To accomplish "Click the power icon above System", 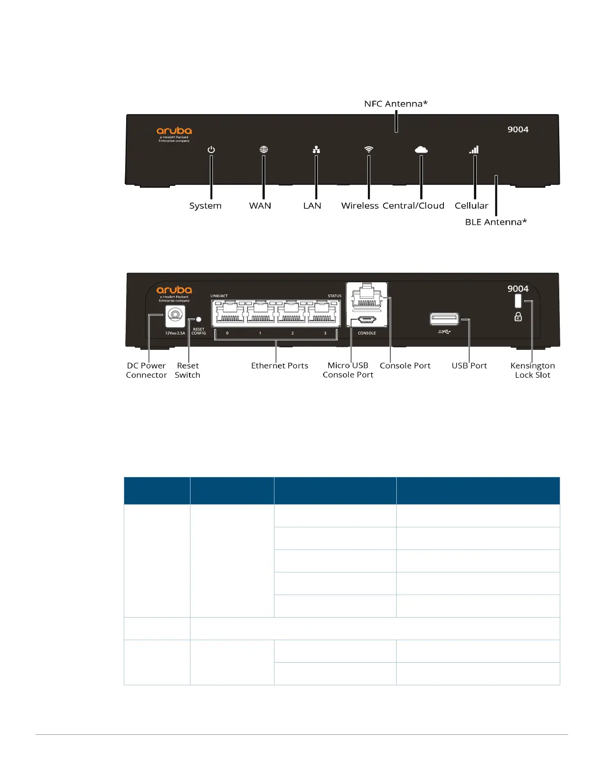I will (211, 150).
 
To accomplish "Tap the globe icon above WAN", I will (264, 150).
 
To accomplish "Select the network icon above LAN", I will (316, 150).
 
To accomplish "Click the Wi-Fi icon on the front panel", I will (369, 149).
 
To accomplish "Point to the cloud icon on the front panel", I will (421, 149).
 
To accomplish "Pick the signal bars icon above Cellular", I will (474, 150).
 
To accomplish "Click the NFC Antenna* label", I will (396, 104).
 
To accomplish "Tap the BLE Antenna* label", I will (496, 222).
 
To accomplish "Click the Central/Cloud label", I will (413, 206).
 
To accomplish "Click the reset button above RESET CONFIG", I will (199, 319).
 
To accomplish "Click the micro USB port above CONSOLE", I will (367, 320).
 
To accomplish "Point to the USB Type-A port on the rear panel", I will (444, 319).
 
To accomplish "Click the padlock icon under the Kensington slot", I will (518, 317).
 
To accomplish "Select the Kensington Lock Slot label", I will (532, 370).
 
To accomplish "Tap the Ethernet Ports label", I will (279, 366).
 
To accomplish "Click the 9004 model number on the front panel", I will (518, 129).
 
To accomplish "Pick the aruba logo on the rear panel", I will (174, 290).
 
